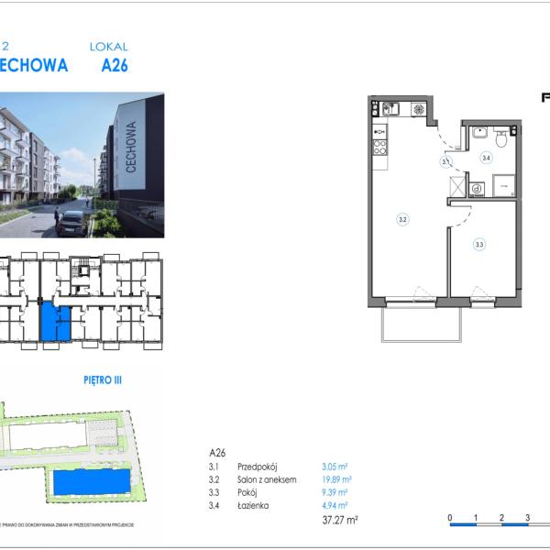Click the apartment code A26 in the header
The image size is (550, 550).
coord(115,65)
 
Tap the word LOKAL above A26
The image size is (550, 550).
coord(108,46)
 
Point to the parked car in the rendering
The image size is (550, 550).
coord(72,223)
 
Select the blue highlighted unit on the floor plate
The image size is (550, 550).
coord(55,324)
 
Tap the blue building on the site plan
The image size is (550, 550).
coord(91,482)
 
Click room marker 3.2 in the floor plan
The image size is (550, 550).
coord(401,219)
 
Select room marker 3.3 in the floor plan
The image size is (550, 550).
coord(479,245)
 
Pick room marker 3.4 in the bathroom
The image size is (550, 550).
coord(487,159)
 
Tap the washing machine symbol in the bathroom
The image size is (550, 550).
coord(477,189)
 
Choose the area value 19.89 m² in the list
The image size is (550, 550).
coord(336,478)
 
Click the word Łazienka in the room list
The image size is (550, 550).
coord(252,504)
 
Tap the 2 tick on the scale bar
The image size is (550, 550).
coord(502,518)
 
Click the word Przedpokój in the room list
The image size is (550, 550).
coord(257,466)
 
